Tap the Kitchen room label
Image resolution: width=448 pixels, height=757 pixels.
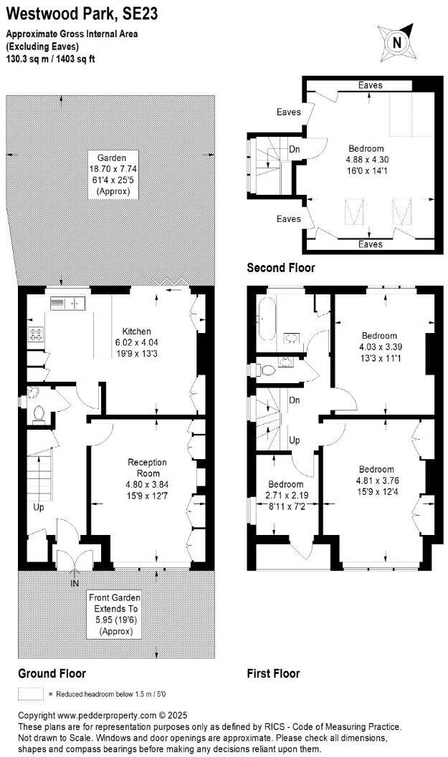[x=136, y=332]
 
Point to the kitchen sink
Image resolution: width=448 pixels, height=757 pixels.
[x=67, y=304]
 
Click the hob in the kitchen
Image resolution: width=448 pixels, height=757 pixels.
[x=35, y=333]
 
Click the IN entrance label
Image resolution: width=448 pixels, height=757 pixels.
[x=75, y=584]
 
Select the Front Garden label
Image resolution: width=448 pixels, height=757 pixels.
[x=114, y=597]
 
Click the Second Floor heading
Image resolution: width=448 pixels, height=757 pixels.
[x=280, y=268]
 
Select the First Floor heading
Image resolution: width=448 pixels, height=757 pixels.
[x=273, y=673]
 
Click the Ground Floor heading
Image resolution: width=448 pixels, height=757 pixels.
[x=52, y=673]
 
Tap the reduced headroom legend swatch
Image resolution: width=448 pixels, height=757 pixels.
[x=31, y=694]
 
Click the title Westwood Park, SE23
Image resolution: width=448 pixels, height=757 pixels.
[x=83, y=13]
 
